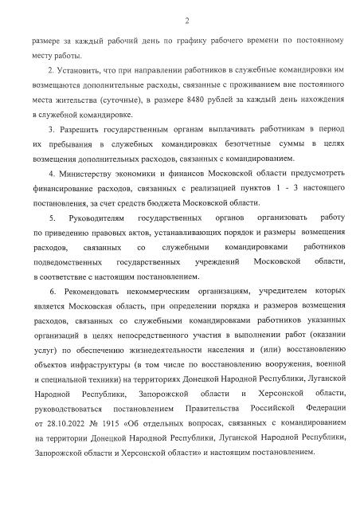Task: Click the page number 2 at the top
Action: pyautogui.click(x=186, y=20)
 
